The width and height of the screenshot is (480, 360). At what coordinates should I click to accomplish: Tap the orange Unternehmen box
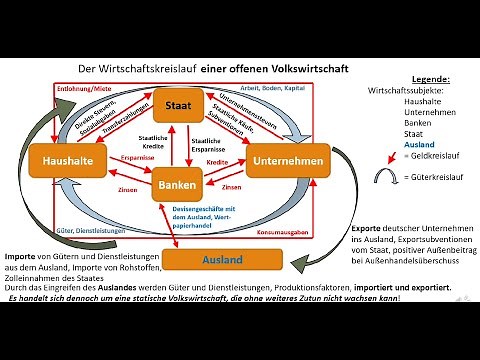pos(294,159)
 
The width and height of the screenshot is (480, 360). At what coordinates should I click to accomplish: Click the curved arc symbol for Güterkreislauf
pos(389,179)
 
